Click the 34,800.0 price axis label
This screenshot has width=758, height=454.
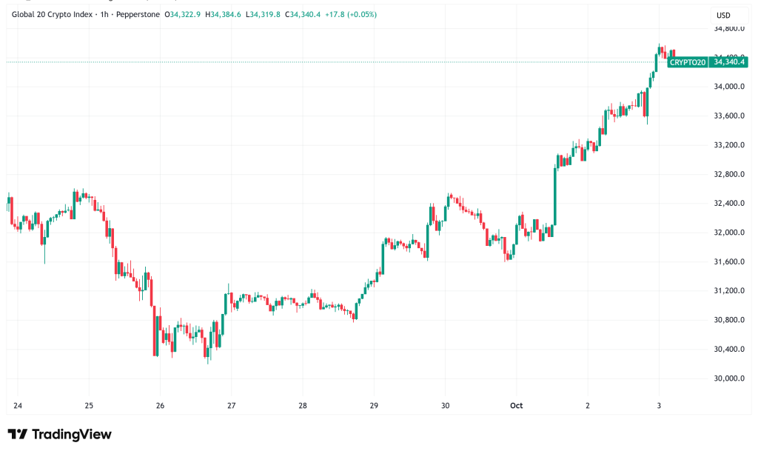click(x=728, y=28)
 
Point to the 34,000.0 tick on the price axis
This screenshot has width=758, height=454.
click(x=728, y=87)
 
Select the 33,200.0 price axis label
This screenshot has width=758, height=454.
click(x=728, y=145)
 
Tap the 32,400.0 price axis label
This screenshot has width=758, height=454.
click(x=728, y=203)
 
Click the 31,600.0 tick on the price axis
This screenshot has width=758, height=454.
click(x=728, y=261)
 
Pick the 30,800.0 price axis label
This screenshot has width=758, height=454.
click(x=728, y=320)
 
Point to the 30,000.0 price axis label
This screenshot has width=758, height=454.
click(x=728, y=378)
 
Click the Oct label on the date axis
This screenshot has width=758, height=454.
click(x=517, y=406)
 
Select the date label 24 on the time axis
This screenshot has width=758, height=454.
click(x=18, y=406)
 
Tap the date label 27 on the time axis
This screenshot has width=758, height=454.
click(x=232, y=406)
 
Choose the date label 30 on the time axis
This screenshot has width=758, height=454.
click(x=445, y=406)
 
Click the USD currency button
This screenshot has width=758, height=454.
click(x=723, y=15)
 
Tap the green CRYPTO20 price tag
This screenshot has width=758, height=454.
click(x=687, y=62)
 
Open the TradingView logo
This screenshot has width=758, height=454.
click(x=59, y=434)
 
